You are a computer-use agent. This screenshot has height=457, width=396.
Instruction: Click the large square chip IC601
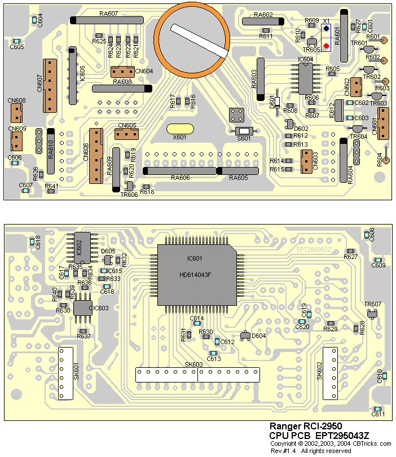(195, 274)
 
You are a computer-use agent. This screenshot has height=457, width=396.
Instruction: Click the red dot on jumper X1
(326, 46)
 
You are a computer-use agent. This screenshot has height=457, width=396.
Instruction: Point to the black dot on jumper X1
(326, 28)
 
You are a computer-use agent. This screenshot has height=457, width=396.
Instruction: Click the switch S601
(244, 131)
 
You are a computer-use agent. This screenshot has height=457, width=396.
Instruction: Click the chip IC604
(305, 78)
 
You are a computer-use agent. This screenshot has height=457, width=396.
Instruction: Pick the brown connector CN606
(96, 155)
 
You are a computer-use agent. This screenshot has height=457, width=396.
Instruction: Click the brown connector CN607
(50, 85)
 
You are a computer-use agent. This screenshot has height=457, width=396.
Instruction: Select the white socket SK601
(67, 373)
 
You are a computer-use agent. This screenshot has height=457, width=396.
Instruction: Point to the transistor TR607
(372, 314)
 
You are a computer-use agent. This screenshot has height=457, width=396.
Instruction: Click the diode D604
(244, 336)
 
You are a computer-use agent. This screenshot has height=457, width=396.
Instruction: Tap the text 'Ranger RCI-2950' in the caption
(305, 427)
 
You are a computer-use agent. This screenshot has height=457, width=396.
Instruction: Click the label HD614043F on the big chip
(195, 275)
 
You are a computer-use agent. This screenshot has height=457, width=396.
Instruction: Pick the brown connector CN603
(306, 161)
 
